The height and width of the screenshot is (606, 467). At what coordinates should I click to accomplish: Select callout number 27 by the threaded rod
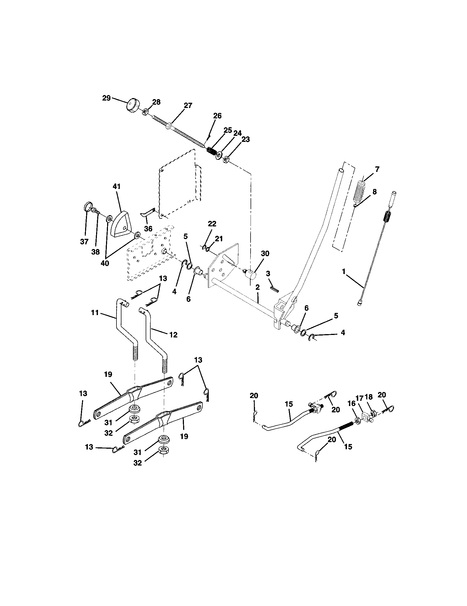click(188, 106)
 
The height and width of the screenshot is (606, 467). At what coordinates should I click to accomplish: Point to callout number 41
click(117, 186)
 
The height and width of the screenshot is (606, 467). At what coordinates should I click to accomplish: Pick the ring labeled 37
click(88, 207)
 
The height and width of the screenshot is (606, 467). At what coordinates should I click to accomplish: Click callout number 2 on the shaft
click(257, 288)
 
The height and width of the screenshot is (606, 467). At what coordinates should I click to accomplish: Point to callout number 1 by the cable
click(344, 272)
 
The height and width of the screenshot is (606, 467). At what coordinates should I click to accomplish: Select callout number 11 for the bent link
click(95, 313)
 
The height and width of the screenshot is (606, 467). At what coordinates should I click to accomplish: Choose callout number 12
click(173, 335)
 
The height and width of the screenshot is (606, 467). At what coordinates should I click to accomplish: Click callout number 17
click(359, 398)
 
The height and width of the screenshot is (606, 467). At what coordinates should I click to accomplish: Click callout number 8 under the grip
click(374, 192)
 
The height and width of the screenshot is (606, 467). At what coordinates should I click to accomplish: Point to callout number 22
click(212, 224)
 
